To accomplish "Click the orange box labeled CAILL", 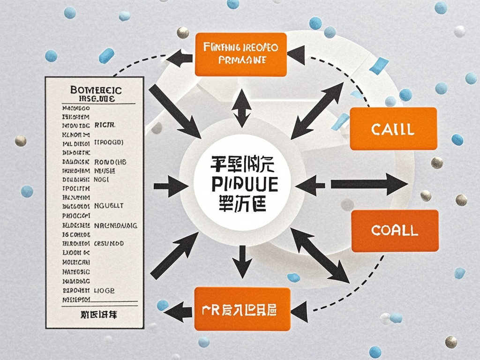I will point(393,129).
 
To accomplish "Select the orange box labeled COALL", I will point(394,230).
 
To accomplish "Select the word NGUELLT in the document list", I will point(109,205).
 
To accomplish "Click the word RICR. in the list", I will point(105,126).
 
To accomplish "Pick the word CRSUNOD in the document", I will point(109,244).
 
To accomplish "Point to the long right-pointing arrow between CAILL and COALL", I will point(368,184).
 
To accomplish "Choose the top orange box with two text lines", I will point(241,54).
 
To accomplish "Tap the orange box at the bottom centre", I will point(242,309).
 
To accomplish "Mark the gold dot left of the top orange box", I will point(182,32).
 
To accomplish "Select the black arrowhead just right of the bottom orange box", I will point(299,310).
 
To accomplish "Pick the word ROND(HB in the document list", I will point(111,162).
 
